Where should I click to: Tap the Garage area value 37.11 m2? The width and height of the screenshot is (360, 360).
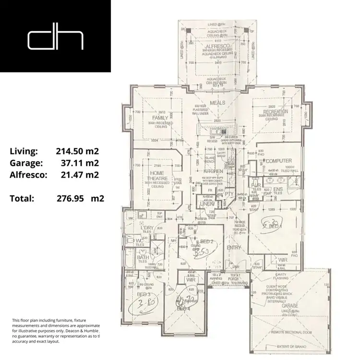pyautogui.click(x=80, y=163)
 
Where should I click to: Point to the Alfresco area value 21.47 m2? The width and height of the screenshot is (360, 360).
pyautogui.click(x=80, y=175)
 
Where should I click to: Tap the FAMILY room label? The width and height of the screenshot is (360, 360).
pyautogui.click(x=159, y=118)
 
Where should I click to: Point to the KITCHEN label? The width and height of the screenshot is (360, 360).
pyautogui.click(x=213, y=171)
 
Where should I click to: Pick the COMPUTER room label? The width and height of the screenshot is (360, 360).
pyautogui.click(x=279, y=161)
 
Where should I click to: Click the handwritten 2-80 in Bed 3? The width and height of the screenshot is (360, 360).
pyautogui.click(x=145, y=303)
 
